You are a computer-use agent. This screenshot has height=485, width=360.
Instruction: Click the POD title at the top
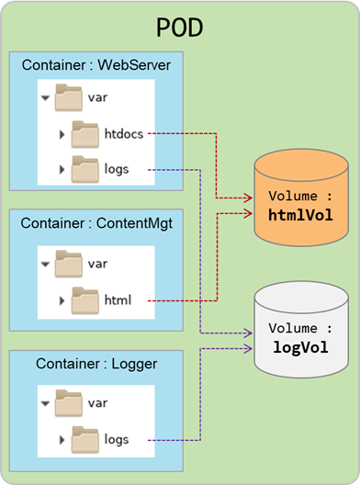coord(179,28)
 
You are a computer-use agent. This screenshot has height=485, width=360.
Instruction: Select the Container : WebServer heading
coord(96,65)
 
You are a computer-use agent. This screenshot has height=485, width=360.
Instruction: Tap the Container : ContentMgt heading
coord(96,223)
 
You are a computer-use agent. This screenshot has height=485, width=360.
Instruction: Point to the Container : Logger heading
coord(96,364)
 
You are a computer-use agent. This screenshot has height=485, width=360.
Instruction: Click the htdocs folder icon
coord(85,134)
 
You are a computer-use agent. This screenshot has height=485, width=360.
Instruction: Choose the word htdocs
coord(124,134)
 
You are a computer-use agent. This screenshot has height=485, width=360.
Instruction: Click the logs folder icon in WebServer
coord(85,169)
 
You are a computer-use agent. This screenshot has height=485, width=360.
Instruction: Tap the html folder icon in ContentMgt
coord(85,300)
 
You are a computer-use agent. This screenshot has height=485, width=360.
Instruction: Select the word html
coord(118,300)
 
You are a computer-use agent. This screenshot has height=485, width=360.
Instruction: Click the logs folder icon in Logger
coord(85,439)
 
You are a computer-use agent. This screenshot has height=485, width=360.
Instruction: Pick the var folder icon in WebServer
coord(69,97)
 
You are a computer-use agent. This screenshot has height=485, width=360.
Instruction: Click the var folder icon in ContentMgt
coord(69,264)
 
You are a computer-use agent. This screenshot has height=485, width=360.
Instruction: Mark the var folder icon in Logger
coord(69,403)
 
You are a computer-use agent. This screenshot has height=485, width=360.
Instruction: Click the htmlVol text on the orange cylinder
coord(300,215)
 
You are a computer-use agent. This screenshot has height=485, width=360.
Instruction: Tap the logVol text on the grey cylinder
coord(300,347)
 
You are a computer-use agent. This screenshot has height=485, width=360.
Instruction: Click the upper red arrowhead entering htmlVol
coord(248,197)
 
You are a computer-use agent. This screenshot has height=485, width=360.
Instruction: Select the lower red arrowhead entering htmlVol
coord(248,213)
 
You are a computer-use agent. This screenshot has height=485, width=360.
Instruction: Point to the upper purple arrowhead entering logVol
coord(248,333)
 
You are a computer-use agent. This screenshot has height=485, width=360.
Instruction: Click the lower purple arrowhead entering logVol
coord(248,349)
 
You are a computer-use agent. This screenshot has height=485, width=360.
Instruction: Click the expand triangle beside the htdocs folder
coord(62,134)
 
